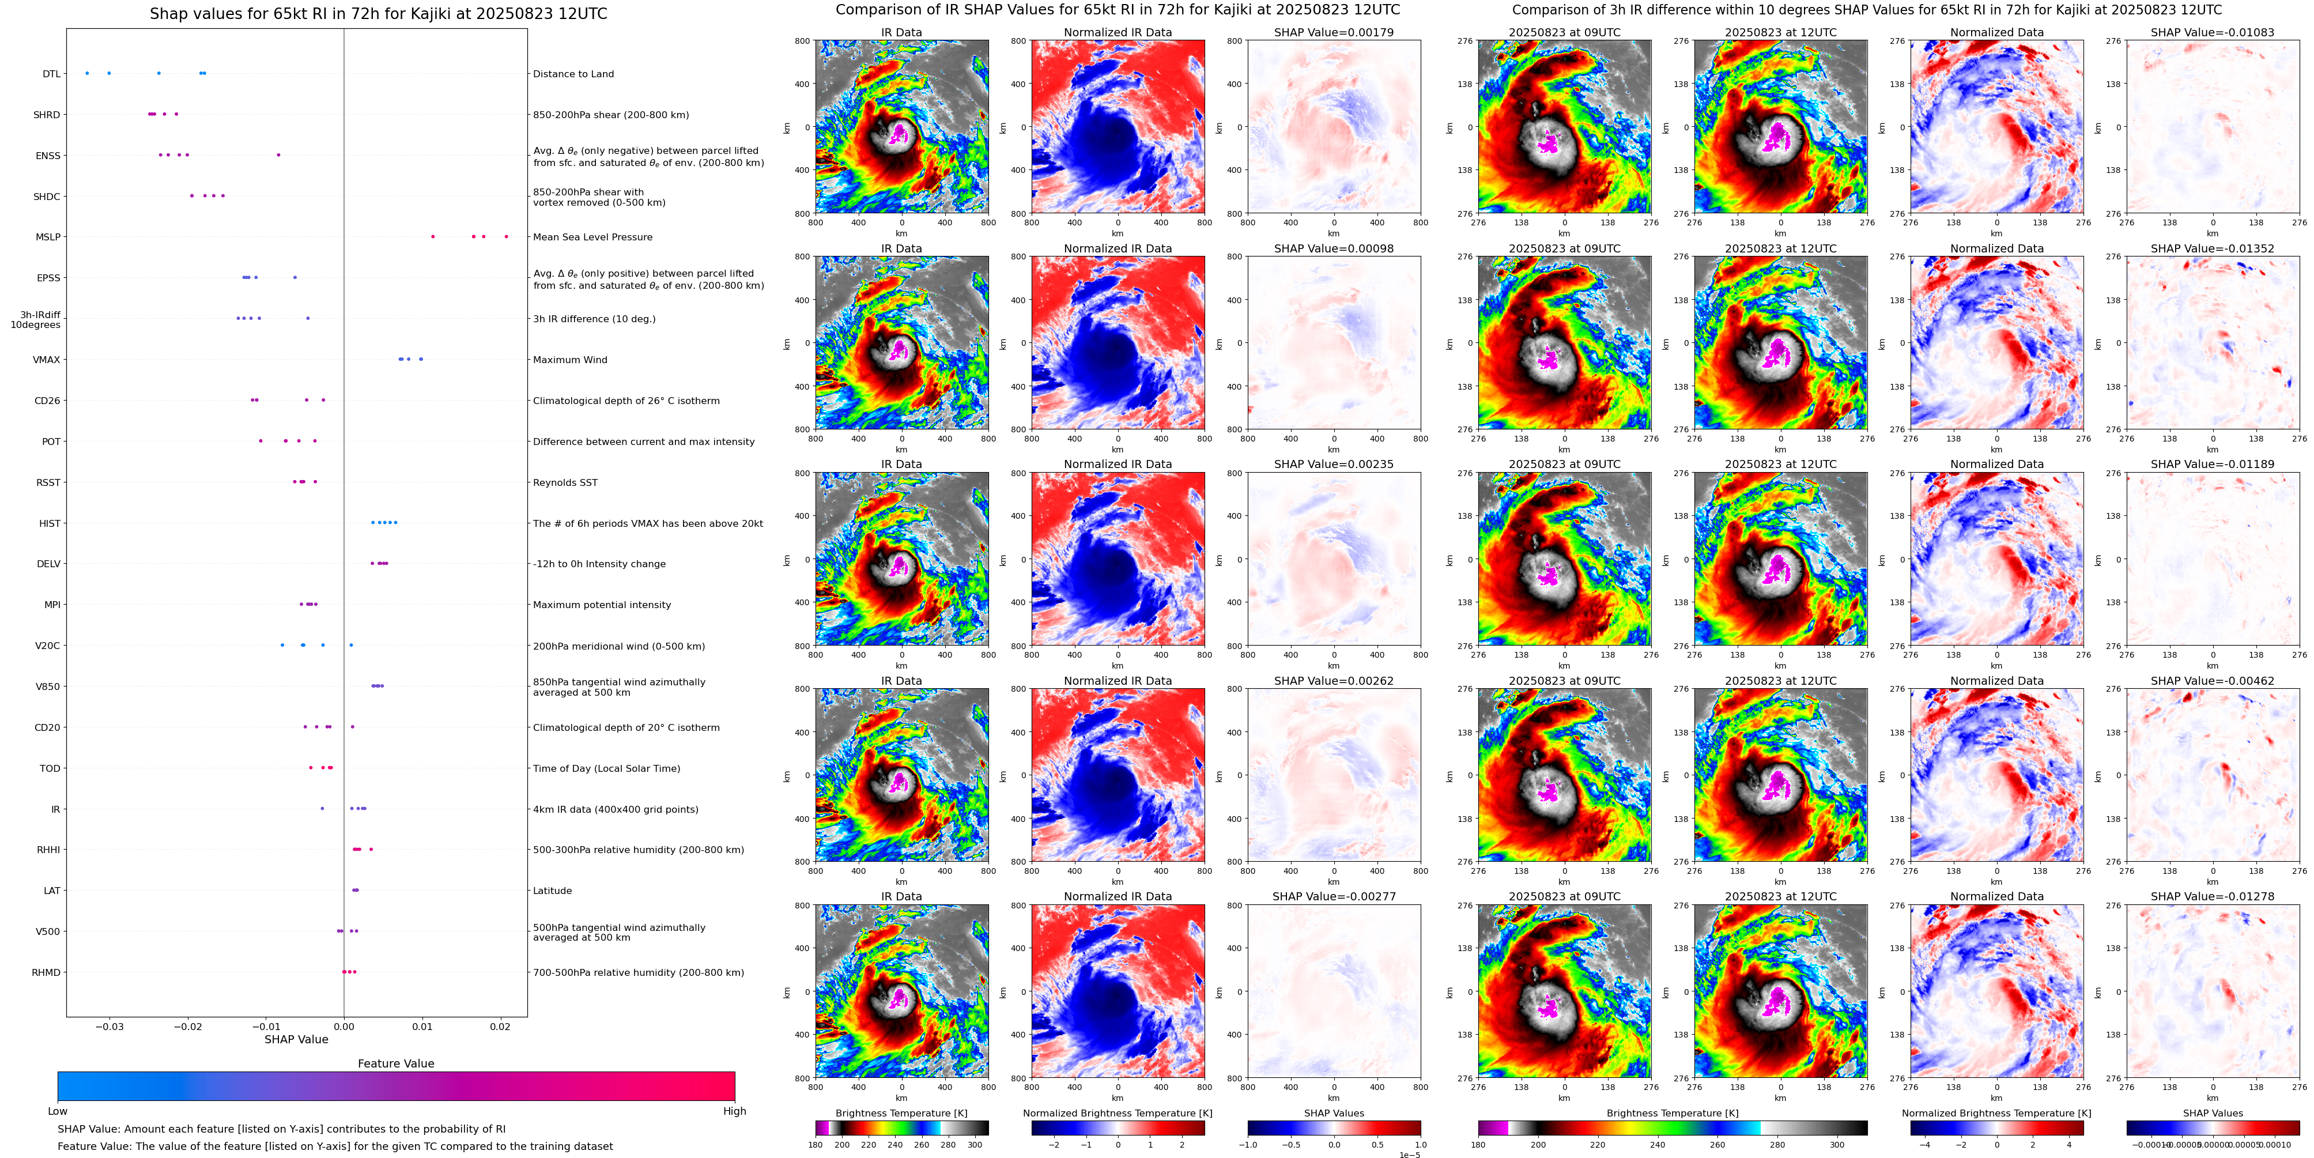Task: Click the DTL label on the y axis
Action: pos(51,74)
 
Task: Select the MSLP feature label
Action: pos(48,237)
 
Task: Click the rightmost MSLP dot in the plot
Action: pos(506,236)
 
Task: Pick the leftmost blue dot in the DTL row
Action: pos(87,73)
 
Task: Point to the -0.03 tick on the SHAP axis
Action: pos(110,1027)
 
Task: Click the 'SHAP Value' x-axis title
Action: pos(296,1039)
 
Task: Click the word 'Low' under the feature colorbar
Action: pos(58,1111)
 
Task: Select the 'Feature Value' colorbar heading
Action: pos(395,1063)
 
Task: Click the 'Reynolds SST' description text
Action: pos(564,482)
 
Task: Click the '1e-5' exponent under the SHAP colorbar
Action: pos(1409,1155)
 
